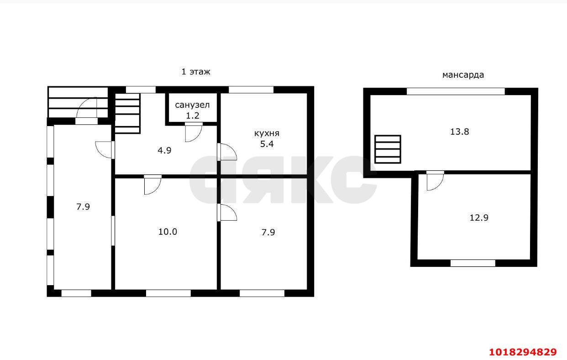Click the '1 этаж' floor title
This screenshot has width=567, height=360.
(x=196, y=72)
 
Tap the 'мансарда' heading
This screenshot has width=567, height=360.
(x=463, y=75)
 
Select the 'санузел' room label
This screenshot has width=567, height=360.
(x=192, y=105)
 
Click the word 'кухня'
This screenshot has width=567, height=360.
(x=267, y=133)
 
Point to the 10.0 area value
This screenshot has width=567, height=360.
(x=168, y=232)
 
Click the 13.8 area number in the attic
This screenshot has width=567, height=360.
(x=459, y=132)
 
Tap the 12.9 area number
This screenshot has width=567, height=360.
(x=479, y=217)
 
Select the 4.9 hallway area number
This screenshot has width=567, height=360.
(x=164, y=150)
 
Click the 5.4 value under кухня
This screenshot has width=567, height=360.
(x=267, y=144)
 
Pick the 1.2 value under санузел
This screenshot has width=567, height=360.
(x=193, y=116)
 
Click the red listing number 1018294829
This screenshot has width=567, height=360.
(x=523, y=352)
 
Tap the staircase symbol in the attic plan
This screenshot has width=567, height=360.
(x=388, y=149)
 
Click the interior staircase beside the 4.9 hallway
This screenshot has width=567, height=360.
(x=127, y=113)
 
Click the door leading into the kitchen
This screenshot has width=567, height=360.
(x=227, y=152)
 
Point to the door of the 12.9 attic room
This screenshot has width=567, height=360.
(x=435, y=180)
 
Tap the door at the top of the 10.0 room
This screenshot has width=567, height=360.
(x=152, y=185)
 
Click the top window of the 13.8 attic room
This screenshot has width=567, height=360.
(x=456, y=91)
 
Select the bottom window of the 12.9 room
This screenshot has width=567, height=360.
(x=473, y=263)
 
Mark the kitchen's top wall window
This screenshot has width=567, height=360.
(x=251, y=90)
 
